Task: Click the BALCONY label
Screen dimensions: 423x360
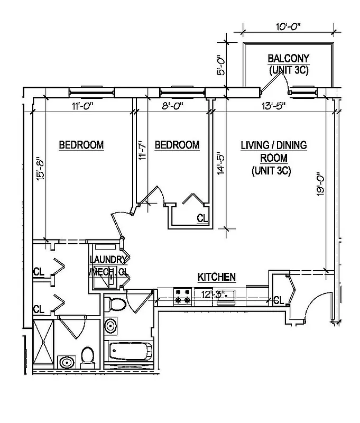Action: coord(288,58)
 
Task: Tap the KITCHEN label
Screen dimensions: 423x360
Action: coord(216,277)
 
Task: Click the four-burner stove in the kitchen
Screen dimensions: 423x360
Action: coord(182,296)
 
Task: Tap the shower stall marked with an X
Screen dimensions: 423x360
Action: coord(43,344)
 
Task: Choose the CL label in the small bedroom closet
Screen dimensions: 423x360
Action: coord(202,218)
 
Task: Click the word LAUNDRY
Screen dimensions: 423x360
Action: coord(108,260)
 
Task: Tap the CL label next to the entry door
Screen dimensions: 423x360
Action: coord(279,300)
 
